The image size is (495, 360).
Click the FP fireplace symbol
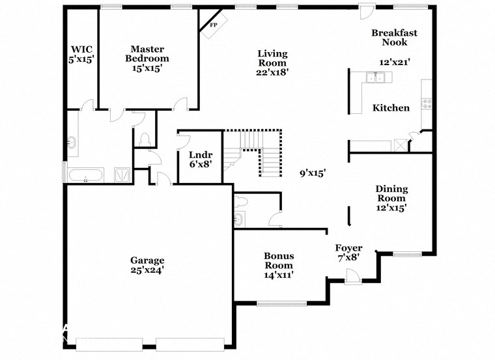[x=213, y=25]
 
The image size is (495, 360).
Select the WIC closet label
[x=81, y=54]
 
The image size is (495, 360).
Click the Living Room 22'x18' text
[x=272, y=62]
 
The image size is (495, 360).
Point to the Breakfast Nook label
[x=394, y=37]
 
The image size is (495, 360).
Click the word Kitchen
[x=391, y=107]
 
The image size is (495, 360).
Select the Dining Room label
[x=391, y=198]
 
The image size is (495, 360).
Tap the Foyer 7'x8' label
[x=348, y=253]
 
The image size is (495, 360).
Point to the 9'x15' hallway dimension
[x=312, y=173]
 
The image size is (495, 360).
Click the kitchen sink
[x=376, y=79]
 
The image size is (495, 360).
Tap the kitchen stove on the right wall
[x=427, y=102]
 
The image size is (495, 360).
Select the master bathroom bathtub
[x=85, y=175]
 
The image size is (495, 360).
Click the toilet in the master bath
[x=144, y=139]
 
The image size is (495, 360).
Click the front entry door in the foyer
[x=352, y=278]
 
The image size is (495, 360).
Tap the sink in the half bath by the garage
[x=238, y=218]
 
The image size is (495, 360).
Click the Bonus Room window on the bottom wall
[x=281, y=303]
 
